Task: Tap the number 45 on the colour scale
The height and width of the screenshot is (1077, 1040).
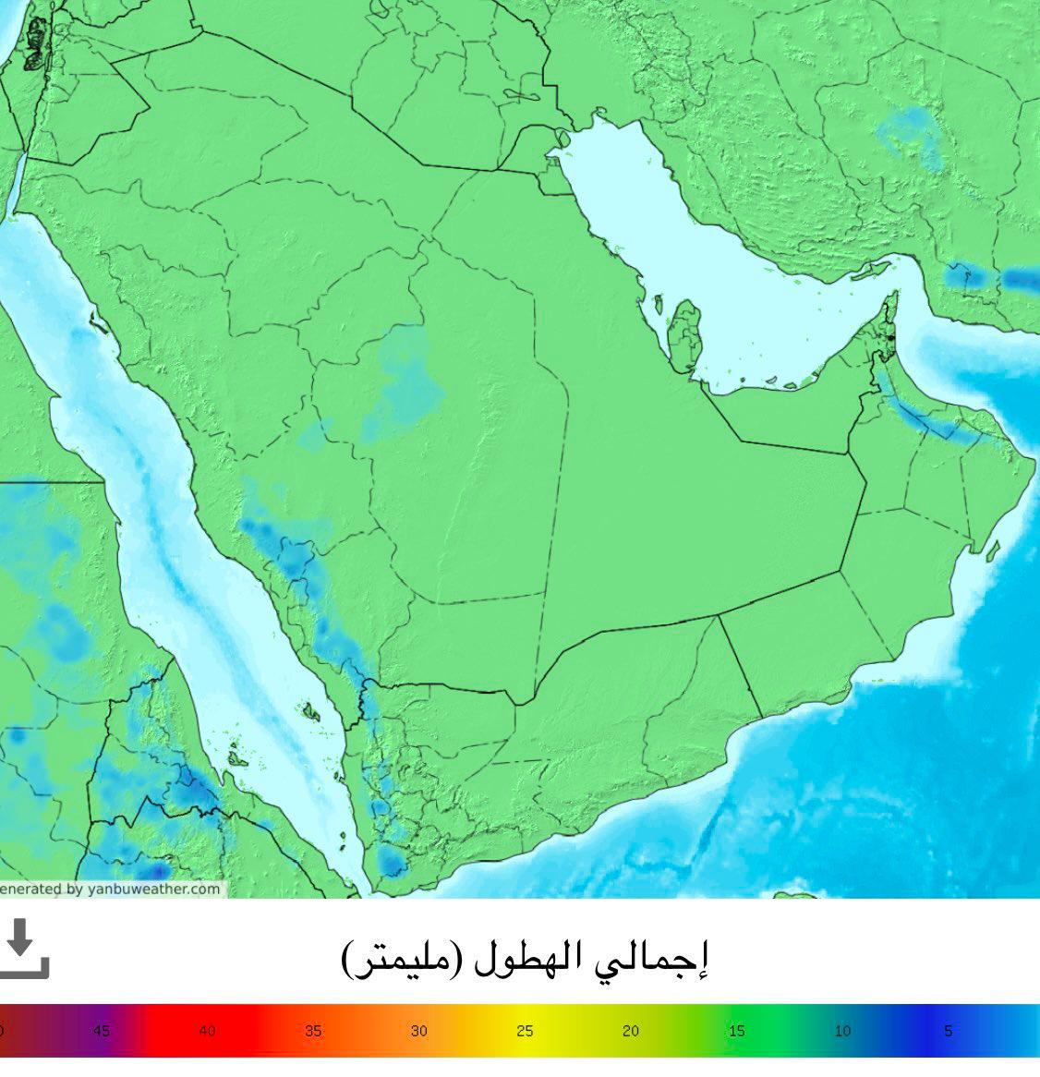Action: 102,1031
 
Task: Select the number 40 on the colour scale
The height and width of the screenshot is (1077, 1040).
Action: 207,1031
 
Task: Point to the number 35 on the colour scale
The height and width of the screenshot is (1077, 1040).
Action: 313,1031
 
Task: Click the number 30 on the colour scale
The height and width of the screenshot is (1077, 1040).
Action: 419,1031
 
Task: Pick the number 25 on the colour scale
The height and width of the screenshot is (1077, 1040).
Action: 525,1031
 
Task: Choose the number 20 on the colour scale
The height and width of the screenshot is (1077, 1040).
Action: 631,1031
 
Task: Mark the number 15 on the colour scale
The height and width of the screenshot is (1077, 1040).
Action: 736,1031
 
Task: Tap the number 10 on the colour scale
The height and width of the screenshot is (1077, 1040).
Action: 842,1031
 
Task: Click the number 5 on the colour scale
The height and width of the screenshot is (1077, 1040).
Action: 948,1031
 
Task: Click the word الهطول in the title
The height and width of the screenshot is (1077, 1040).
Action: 530,961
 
